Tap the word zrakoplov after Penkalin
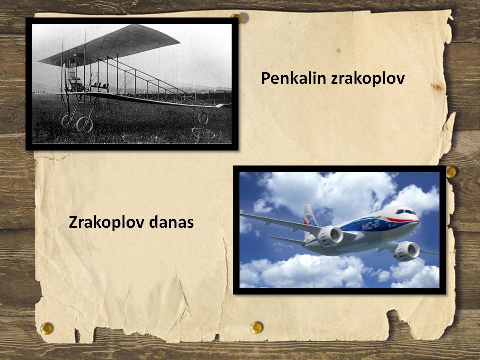coord(368,79)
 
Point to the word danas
coord(171,222)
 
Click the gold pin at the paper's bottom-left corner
coord(47,328)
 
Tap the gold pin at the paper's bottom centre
coord(256,327)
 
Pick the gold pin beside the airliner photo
coord(451,172)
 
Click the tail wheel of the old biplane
coord(203,118)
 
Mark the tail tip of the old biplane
coord(226,105)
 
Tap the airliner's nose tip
coord(418,221)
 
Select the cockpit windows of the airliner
coord(405,212)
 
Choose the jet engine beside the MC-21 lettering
coord(330,236)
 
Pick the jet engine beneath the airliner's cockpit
coord(407,251)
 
